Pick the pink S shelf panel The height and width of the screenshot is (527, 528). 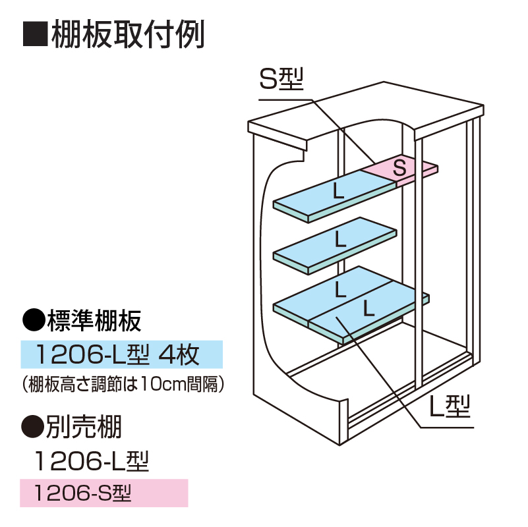tap(400, 169)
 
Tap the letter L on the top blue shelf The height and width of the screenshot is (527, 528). tap(337, 192)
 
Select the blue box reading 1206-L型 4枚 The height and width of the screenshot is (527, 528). tap(122, 355)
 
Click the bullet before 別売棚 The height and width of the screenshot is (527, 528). tap(32, 428)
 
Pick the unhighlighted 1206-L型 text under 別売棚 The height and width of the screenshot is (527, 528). tap(92, 461)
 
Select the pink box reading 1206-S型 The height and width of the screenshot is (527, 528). tap(104, 493)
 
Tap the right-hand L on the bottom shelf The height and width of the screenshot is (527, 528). tap(368, 307)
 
